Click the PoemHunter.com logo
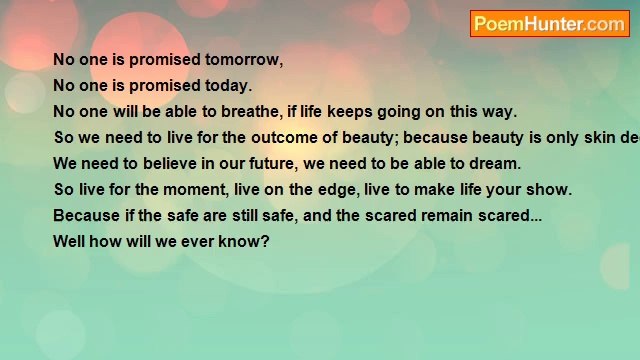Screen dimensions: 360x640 click(x=549, y=24)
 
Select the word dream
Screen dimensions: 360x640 click(x=495, y=164)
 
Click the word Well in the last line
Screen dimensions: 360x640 click(x=69, y=242)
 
